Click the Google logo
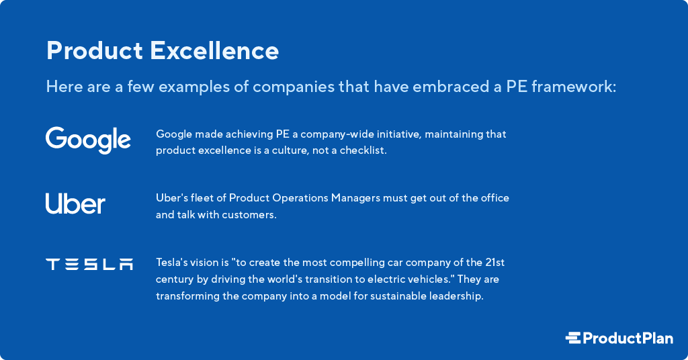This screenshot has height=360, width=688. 88,140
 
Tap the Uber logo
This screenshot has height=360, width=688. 75,204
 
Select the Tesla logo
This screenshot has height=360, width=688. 89,265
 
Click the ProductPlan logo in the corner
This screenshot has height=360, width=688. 619,338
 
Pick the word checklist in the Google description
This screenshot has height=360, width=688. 363,150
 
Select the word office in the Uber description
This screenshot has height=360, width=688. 492,198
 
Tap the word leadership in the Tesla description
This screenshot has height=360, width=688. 458,296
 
